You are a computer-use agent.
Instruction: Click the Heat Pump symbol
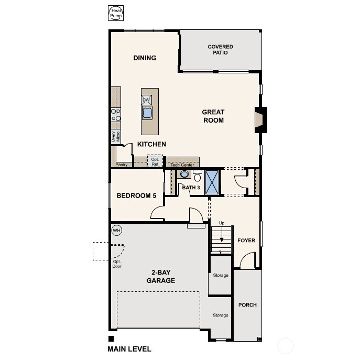[x=115, y=14]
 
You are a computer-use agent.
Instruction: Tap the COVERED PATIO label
[x=220, y=50]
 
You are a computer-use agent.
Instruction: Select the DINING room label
[x=145, y=58]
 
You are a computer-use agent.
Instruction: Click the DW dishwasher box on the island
[x=147, y=100]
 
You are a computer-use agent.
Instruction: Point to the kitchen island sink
[x=147, y=113]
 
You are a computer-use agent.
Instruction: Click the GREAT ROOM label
[x=213, y=116]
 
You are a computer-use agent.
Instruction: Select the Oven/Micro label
[x=116, y=137]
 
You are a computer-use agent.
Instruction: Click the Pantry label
[x=122, y=165]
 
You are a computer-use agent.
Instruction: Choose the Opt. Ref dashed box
[x=155, y=161]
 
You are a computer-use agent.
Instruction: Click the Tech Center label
[x=182, y=165]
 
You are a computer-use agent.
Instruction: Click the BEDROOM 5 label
[x=136, y=196]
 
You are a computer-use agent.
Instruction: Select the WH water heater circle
[x=116, y=230]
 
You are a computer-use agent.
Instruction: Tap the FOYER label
[x=246, y=241]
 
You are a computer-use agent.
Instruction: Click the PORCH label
[x=247, y=305]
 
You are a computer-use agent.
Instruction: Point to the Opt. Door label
[x=116, y=264]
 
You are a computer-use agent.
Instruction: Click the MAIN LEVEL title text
[x=129, y=349]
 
